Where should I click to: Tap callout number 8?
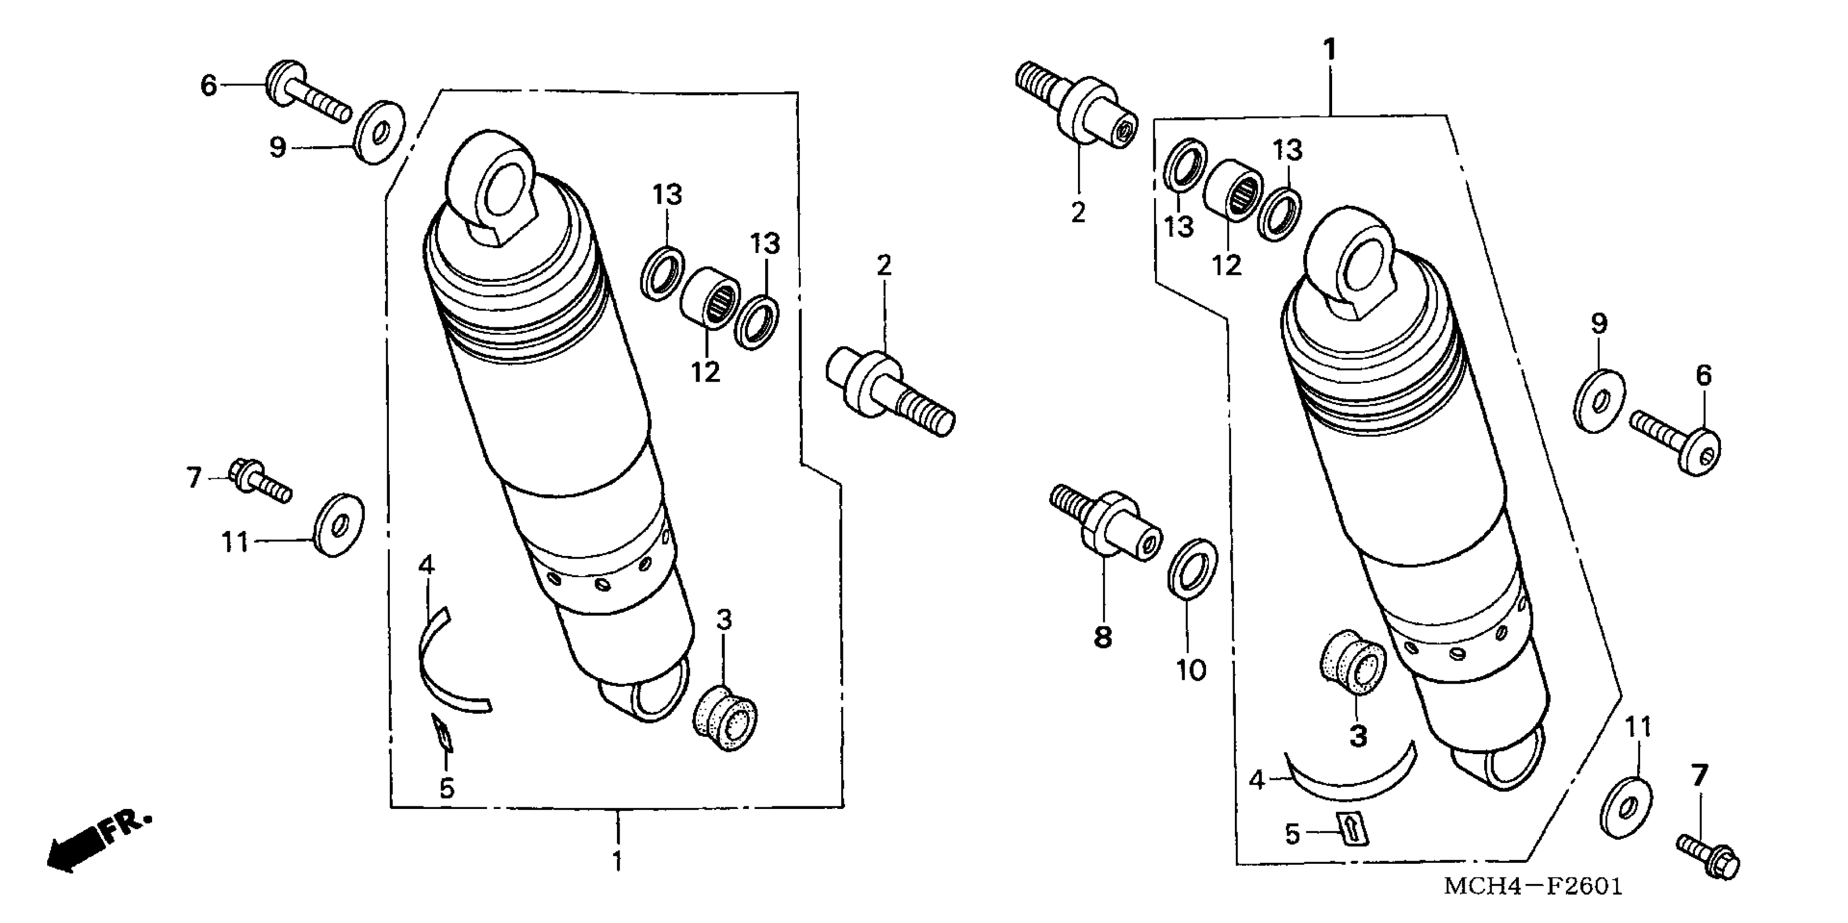pos(1102,637)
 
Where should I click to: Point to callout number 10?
pos(1191,670)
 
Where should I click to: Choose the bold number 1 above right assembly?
pos(1329,50)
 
